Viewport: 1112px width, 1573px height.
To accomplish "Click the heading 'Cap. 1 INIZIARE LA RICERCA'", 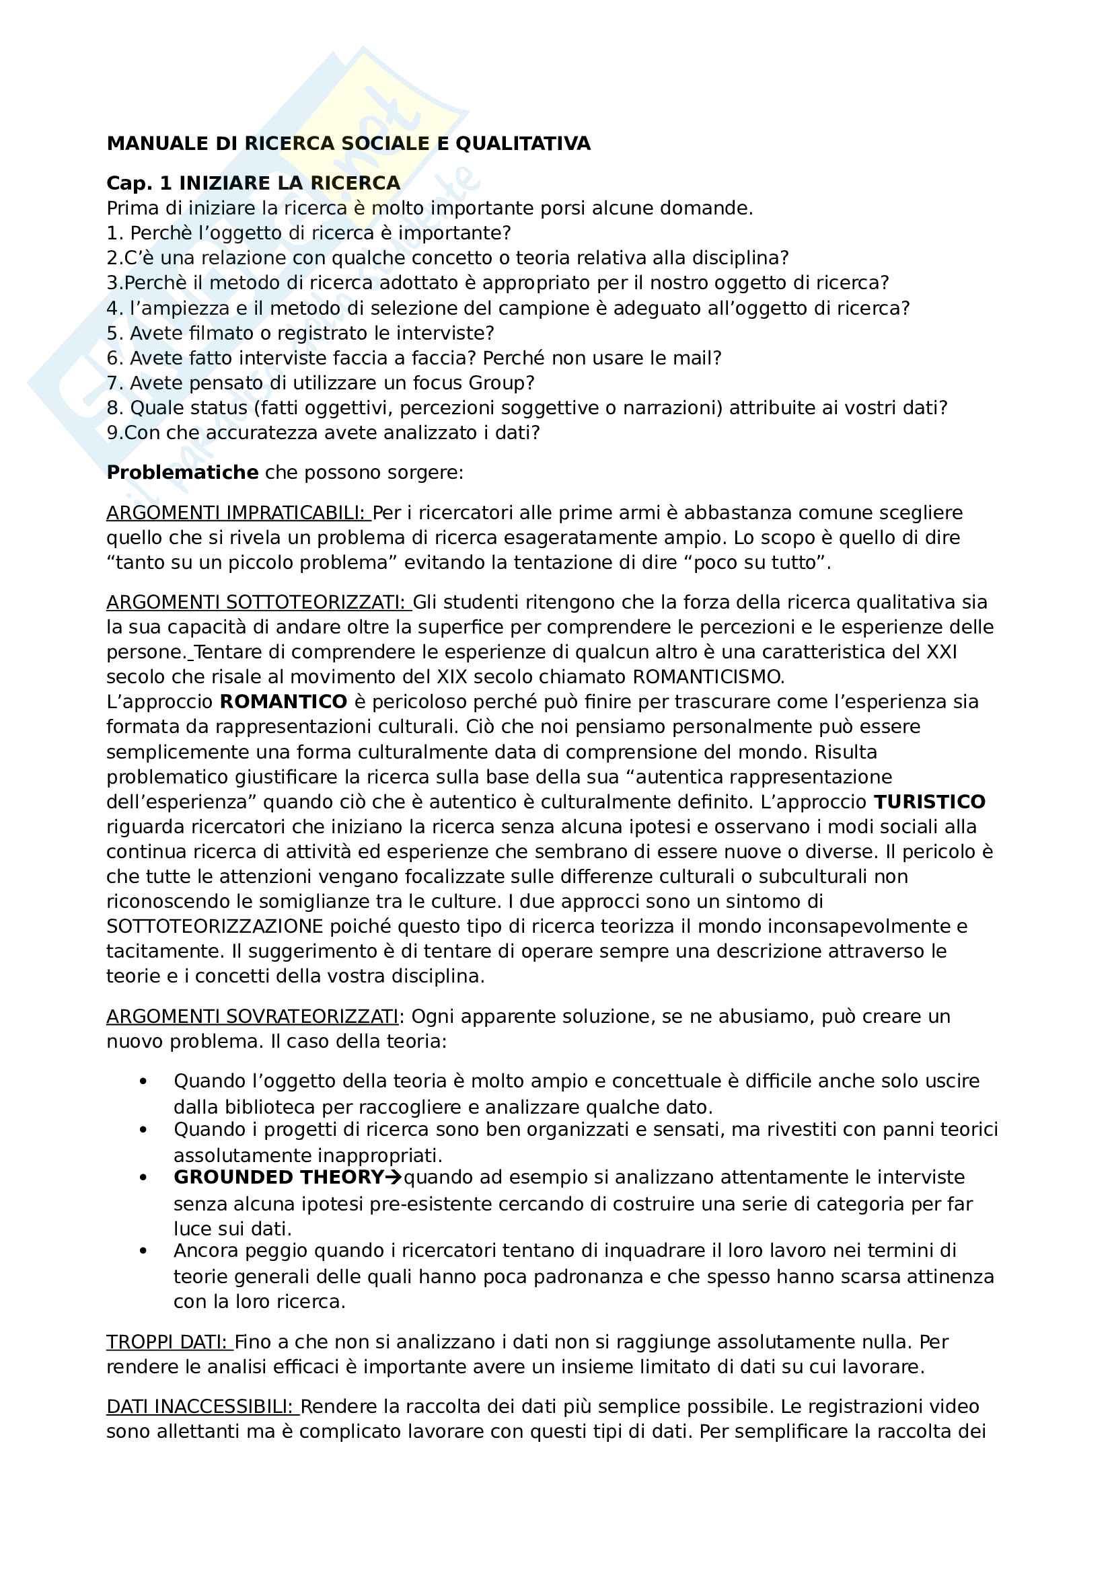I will coord(254,184).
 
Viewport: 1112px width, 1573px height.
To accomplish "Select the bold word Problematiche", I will coord(182,473).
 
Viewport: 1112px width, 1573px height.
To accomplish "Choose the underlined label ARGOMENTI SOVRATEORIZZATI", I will coord(252,1017).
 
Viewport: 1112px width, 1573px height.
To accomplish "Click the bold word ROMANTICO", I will coord(283,702).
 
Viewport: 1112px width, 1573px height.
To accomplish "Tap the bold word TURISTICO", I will coord(929,802).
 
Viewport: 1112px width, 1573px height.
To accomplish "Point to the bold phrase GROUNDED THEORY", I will coord(279,1178).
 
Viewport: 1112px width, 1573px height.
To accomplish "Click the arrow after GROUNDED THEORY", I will coord(394,1178).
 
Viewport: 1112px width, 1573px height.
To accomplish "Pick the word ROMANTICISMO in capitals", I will coord(707,677).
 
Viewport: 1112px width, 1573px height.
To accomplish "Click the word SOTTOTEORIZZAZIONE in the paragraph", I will coord(215,927).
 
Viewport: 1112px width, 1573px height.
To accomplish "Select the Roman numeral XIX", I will coord(451,677).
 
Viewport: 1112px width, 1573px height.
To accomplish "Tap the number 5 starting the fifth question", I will coord(112,334).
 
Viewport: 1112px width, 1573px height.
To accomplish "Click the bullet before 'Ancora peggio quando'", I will coord(143,1251).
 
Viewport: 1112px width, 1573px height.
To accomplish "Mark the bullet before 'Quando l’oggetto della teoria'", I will coord(143,1082).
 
